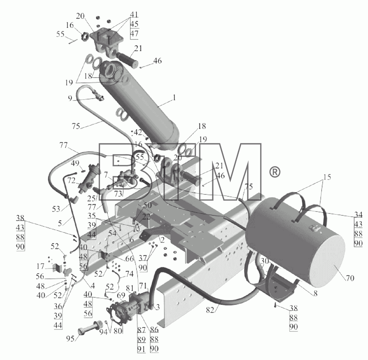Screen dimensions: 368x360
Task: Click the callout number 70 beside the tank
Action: click(x=350, y=278)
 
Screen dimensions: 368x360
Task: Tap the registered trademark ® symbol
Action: click(x=275, y=172)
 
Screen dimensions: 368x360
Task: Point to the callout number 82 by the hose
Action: click(x=210, y=310)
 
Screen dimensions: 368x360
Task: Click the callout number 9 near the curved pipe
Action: click(x=70, y=99)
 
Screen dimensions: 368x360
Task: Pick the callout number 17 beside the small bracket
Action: click(x=41, y=266)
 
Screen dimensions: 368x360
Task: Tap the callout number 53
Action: click(x=56, y=209)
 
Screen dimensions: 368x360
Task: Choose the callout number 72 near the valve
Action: click(x=72, y=181)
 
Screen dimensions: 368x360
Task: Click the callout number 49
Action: click(x=75, y=163)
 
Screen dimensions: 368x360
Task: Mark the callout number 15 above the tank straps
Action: click(x=327, y=177)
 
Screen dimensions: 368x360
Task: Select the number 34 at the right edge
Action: click(x=358, y=215)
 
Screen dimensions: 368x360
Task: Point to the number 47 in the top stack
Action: click(x=135, y=34)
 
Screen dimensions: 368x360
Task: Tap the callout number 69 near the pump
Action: click(x=121, y=296)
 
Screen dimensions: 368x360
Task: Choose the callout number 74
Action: click(x=129, y=274)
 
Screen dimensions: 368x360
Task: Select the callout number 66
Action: click(x=130, y=259)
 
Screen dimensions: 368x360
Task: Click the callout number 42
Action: click(x=138, y=132)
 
